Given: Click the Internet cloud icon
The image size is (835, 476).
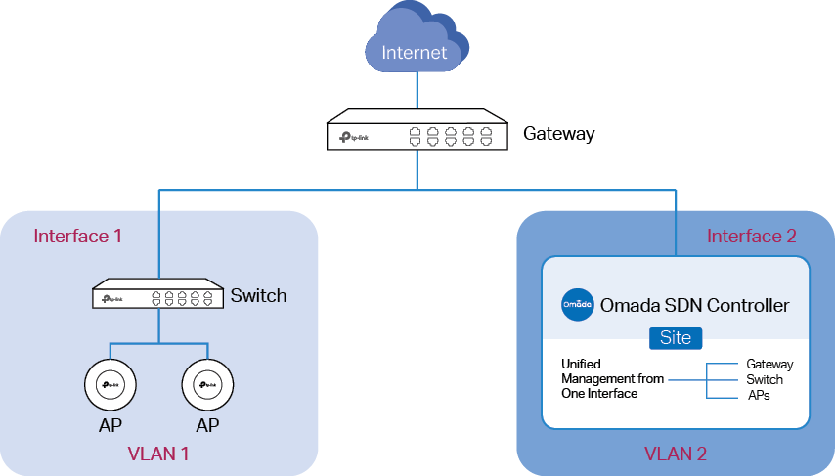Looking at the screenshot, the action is coord(417,36).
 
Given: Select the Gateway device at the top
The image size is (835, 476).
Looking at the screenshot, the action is coord(417,129).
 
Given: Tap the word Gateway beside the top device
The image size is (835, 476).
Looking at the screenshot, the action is coord(558,133).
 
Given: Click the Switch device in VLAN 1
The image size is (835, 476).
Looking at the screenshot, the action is coord(157,293).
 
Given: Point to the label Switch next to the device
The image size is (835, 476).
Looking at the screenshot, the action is coord(258,295).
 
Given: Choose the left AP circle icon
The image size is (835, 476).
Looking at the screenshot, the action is coord(110,384).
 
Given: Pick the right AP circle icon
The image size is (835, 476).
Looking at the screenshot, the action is coord(207,384).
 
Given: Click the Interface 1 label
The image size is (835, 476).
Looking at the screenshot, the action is coord(78,236).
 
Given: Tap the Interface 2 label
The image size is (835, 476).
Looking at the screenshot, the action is coord(751,236).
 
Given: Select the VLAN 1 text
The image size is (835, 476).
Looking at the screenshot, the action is coord(158,454).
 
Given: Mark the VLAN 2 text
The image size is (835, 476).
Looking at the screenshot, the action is coord(676,454).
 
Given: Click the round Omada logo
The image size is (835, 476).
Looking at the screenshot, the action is coord(578,305).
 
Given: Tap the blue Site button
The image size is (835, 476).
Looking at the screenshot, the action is coord(676,338).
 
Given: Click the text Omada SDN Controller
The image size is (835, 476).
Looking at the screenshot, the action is coord(694,305).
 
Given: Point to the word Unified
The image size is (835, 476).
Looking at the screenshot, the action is coord(581,364).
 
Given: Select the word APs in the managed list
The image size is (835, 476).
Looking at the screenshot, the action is coord(759,395).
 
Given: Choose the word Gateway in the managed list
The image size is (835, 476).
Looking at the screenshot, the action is coord(769,365).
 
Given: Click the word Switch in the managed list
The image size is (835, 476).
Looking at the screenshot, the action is coord(765,379).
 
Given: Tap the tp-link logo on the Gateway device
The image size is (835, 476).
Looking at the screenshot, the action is coord(354,138).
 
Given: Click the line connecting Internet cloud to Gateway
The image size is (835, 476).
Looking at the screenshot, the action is coord(417,91).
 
